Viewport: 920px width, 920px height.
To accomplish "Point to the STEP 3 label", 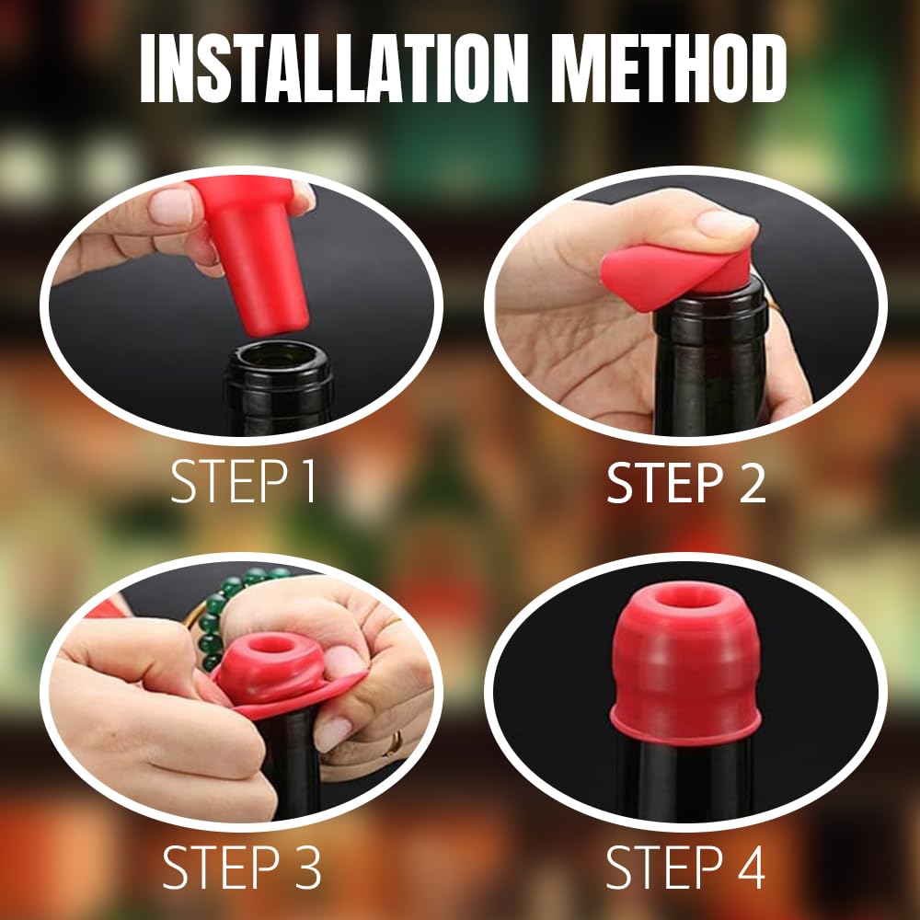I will coord(242,866).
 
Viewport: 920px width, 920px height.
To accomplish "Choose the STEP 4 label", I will coord(686,866).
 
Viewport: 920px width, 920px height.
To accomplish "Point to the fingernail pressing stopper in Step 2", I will coord(724,222).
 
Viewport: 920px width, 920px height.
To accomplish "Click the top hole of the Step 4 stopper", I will coord(686,597).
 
